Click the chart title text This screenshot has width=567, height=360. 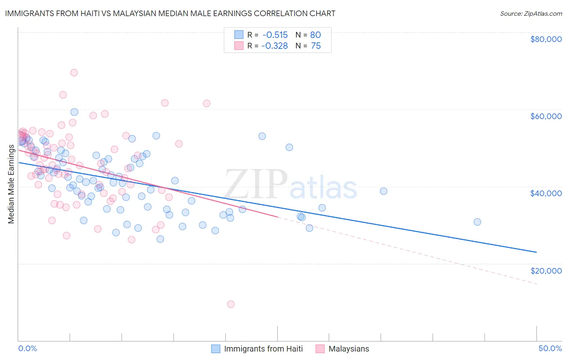coord(170,13)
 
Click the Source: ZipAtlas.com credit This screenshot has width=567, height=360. coord(531,13)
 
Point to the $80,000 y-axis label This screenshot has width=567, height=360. coord(546,39)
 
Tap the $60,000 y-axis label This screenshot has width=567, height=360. coord(546,116)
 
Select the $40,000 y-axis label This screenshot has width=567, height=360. coord(546,193)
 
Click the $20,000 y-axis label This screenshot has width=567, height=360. coord(546,271)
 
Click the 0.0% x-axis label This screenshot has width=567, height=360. coord(27,348)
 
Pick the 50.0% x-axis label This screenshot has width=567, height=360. coord(550,348)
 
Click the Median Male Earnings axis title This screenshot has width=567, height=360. coord(11,184)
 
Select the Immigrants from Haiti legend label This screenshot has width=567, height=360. coord(263,349)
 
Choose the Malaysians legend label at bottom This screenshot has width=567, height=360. coord(348,349)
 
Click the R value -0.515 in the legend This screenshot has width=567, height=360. coord(274,35)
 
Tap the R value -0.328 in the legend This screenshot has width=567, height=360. coord(274,46)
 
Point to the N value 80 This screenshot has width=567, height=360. coord(315,35)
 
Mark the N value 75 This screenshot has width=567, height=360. coord(315,46)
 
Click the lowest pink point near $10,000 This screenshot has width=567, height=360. coord(231,304)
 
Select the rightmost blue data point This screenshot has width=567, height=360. coord(477,222)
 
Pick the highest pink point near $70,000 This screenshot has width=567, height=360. coord(74,73)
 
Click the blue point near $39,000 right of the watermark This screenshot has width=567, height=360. coord(384,191)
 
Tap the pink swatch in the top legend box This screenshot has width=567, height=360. coord(239,46)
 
